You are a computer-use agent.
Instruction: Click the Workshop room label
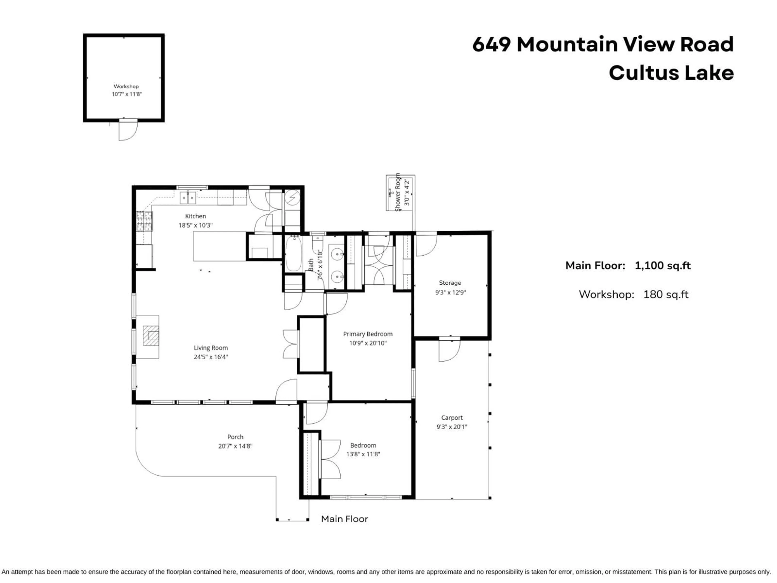point(126,86)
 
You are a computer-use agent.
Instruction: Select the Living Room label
point(211,348)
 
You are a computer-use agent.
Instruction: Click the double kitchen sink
point(188,198)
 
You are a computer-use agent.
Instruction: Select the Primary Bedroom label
point(368,334)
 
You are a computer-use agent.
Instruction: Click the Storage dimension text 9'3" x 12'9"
point(450,292)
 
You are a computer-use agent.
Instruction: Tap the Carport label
point(452,417)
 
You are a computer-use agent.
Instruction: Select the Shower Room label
point(398,193)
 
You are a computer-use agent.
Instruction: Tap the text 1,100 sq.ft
point(662,266)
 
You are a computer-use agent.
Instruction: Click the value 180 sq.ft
point(666,294)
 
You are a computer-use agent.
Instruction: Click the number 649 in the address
point(491,45)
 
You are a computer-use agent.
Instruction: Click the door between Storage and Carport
point(449,350)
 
